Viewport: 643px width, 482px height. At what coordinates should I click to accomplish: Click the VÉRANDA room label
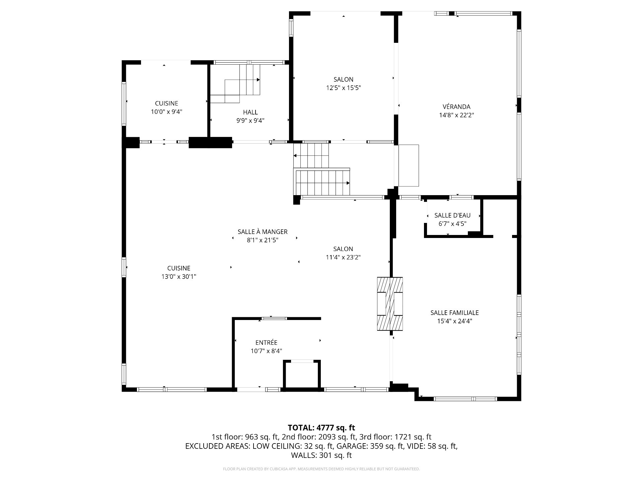(456, 107)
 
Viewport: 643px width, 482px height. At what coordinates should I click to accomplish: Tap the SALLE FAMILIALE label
(454, 313)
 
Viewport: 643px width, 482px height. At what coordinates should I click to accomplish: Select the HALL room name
(250, 112)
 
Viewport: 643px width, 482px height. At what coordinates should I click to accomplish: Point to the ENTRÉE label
(266, 342)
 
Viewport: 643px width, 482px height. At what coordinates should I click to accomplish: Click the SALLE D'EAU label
(452, 215)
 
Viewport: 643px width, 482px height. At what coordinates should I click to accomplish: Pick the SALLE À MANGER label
(263, 232)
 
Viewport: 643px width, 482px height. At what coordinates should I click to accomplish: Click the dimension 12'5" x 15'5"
(344, 88)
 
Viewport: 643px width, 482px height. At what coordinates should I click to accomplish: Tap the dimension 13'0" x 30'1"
(179, 277)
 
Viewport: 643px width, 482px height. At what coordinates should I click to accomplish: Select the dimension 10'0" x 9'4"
(166, 112)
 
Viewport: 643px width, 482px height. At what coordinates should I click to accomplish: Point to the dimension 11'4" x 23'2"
(343, 257)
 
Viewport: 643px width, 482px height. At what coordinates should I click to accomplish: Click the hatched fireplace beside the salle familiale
(390, 304)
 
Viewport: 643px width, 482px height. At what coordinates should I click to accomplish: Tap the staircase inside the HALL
(235, 84)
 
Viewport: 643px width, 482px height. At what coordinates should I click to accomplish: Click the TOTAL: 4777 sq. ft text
(321, 427)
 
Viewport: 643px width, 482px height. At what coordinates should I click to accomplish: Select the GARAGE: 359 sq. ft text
(370, 446)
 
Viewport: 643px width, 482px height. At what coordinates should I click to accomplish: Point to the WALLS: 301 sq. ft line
(321, 455)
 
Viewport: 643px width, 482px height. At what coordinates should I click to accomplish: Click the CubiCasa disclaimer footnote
(321, 469)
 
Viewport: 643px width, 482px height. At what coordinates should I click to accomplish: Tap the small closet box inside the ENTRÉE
(302, 375)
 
